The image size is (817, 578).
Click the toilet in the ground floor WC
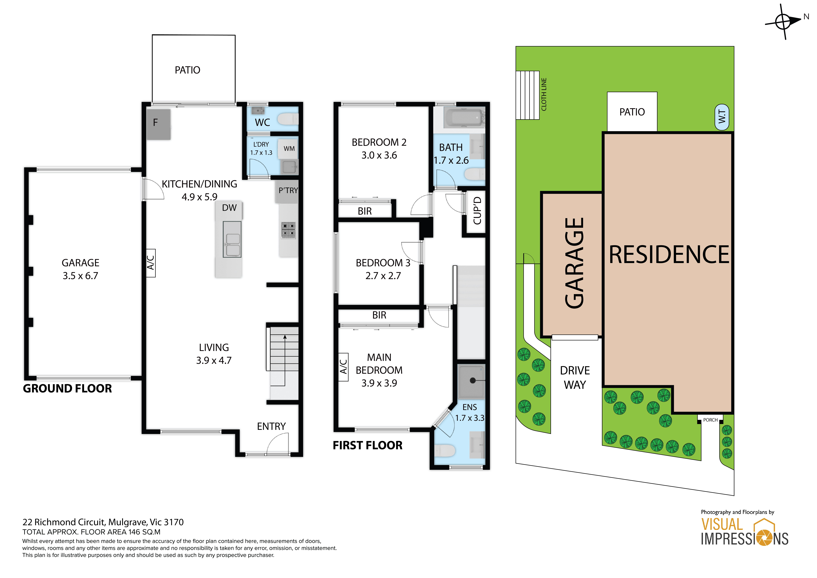pos(288,119)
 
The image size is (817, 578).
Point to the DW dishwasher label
pos(229,208)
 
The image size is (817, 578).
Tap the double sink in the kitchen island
pos(232,239)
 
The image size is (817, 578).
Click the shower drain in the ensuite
pos(473,380)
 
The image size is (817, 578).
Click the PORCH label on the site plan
pos(710,420)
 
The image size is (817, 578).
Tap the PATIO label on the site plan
pos(632,112)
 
